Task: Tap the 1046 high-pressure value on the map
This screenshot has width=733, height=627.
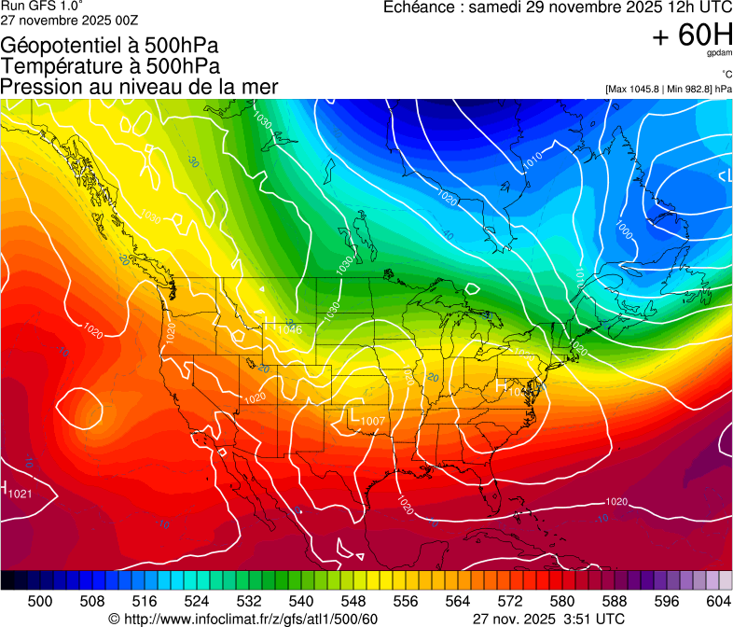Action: point(289,329)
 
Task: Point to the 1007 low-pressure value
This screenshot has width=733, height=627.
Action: point(373,421)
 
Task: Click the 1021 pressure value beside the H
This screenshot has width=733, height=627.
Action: point(21,493)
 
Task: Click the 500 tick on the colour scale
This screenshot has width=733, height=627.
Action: point(40,601)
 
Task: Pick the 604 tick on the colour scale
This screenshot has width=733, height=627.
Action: point(718,601)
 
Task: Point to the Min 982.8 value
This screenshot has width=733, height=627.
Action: point(690,89)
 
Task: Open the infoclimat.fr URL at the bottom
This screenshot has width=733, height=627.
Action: point(251,618)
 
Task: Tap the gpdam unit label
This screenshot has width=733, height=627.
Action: point(720,54)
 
